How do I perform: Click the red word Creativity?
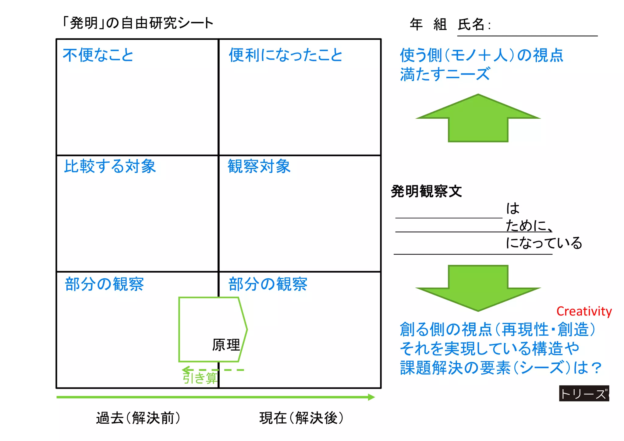click(584, 311)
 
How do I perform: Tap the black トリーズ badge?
click(584, 393)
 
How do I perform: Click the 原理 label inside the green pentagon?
click(226, 345)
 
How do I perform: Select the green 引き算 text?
click(200, 378)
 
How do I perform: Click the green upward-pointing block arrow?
click(478, 119)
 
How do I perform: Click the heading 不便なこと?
click(98, 55)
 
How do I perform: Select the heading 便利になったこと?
click(285, 55)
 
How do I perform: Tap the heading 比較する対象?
click(110, 166)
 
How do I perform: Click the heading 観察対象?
click(259, 166)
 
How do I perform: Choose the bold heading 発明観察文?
click(426, 191)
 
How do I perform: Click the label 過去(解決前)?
click(138, 418)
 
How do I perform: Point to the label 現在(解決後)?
click(301, 418)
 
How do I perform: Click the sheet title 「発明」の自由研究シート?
click(137, 23)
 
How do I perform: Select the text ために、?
click(529, 226)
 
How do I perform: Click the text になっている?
click(544, 243)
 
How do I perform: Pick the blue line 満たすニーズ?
click(445, 74)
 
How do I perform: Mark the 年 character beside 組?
click(416, 24)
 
